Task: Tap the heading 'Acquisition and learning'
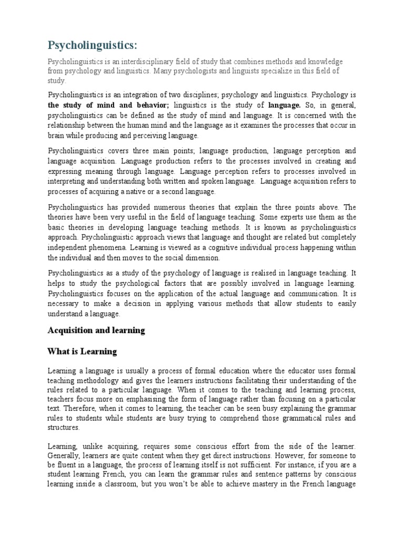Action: tap(96, 330)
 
